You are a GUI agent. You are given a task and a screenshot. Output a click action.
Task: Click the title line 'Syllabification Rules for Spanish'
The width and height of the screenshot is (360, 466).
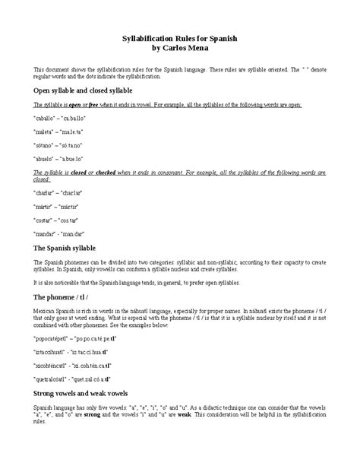pos(179,37)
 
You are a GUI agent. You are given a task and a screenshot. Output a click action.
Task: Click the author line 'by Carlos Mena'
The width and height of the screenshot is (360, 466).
pos(179,47)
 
